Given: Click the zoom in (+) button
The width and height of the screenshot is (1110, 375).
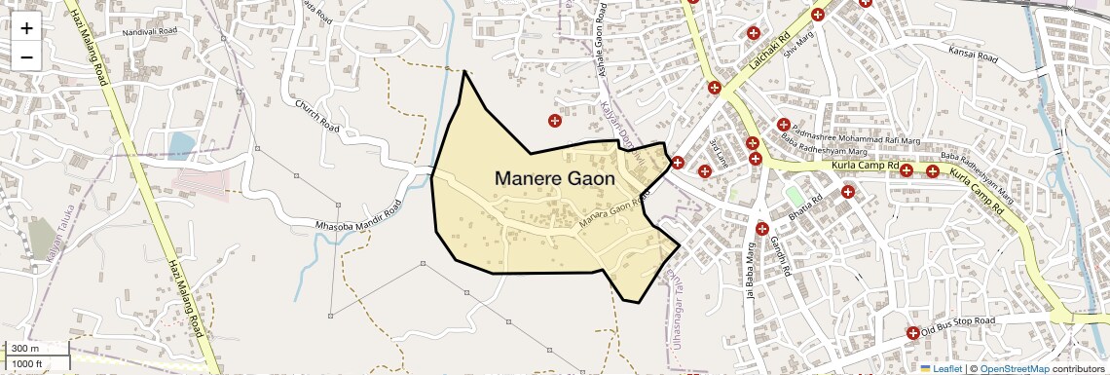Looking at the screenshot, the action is click(26, 28).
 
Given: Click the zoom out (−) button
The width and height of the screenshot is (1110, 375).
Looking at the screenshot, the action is click(26, 56).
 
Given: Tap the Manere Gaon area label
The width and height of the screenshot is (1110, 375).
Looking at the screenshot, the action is click(555, 179).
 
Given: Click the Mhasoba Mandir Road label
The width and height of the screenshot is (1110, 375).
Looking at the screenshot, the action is click(359, 220).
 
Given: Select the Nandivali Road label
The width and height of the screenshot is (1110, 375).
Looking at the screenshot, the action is click(150, 32).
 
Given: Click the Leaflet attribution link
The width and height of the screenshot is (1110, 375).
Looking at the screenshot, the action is click(942, 369).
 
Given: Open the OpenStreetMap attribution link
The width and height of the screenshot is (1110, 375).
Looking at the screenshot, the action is click(1014, 369).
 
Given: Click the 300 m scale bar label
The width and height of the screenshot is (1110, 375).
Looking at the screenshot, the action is click(23, 349).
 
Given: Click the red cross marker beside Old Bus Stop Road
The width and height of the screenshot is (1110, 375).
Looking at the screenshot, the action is click(912, 333).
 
